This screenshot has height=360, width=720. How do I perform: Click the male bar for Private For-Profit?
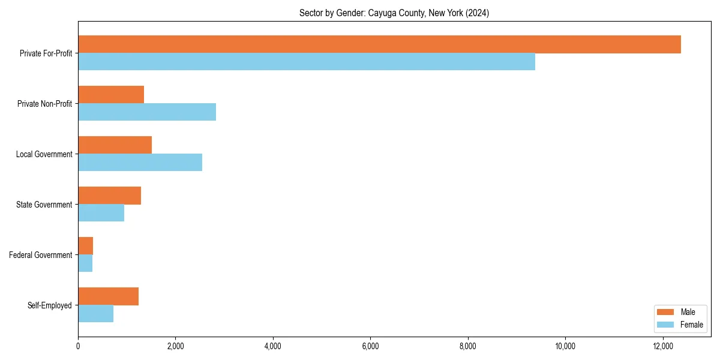[379, 44]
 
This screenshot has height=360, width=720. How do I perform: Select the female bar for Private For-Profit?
[307, 62]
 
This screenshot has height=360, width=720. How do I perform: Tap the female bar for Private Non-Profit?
[147, 112]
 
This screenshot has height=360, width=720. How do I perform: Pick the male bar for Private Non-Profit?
[111, 95]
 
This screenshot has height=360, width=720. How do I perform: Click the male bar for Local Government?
[115, 145]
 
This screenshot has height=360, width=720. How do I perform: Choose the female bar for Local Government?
[140, 163]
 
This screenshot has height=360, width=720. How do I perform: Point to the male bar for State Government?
[109, 196]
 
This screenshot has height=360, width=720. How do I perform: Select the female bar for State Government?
[101, 213]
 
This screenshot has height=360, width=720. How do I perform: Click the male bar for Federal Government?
[85, 246]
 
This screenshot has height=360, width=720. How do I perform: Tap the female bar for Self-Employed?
[95, 314]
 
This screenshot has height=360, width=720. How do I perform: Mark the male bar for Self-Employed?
[108, 296]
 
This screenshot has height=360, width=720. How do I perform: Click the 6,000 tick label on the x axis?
[370, 346]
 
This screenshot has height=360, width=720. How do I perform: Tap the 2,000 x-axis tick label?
[175, 346]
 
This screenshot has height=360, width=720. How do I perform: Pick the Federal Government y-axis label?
[41, 255]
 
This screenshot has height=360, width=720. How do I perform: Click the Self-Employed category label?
[50, 305]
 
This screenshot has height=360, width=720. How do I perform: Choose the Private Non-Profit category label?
[44, 104]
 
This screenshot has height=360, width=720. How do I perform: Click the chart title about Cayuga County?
[394, 13]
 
